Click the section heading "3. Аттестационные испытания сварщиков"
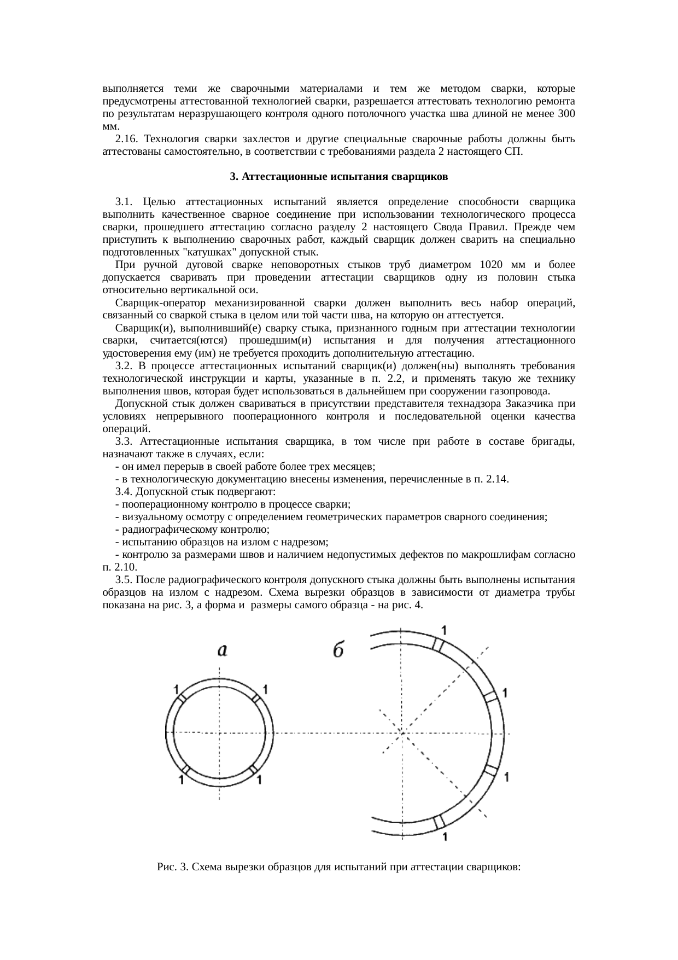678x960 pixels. (338, 177)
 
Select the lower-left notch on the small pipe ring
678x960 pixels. (186, 770)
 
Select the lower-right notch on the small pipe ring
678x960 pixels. (254, 770)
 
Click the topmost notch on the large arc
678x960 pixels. (438, 644)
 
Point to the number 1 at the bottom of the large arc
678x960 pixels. (446, 836)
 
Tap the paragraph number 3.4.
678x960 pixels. (125, 492)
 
